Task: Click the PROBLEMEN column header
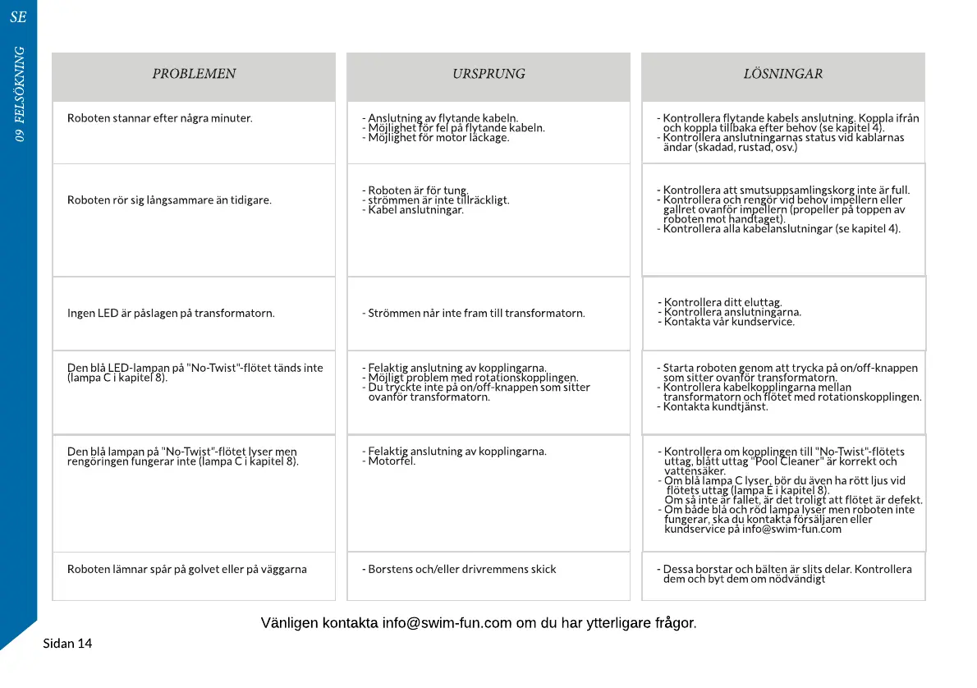(x=194, y=74)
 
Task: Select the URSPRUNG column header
(x=488, y=74)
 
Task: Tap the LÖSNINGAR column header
(x=782, y=74)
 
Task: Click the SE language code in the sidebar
(x=18, y=17)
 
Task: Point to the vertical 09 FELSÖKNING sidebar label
(x=19, y=94)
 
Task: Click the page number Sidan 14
(x=67, y=644)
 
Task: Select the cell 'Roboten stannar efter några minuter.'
(x=160, y=118)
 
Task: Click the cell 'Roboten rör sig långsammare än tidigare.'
(x=169, y=200)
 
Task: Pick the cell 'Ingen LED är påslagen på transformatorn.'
(x=171, y=313)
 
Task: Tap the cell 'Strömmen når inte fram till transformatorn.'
(x=476, y=313)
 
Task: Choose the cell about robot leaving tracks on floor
(x=187, y=569)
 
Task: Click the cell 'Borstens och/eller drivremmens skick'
(x=461, y=569)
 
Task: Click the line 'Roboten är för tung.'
(x=417, y=190)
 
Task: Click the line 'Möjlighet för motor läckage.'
(x=438, y=137)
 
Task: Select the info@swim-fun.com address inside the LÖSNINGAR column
(x=791, y=529)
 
